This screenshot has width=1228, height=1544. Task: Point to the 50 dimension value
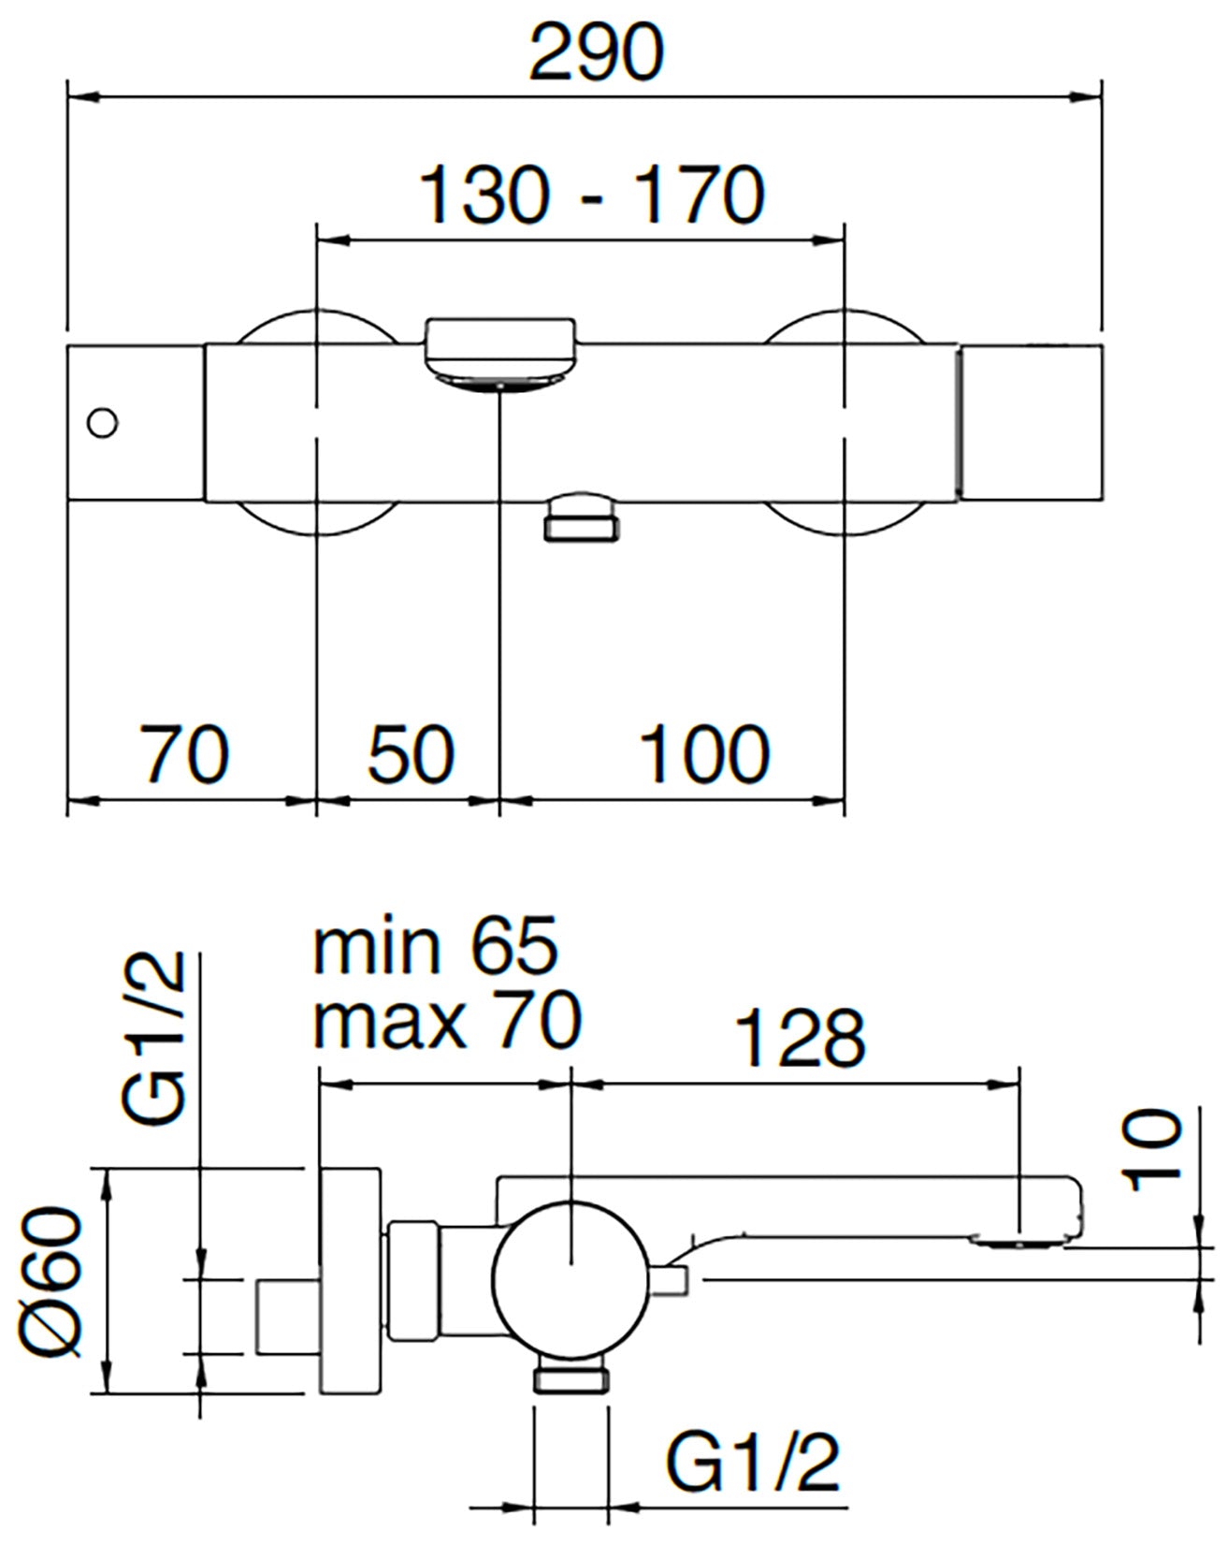(x=412, y=753)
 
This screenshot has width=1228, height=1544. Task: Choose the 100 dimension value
(x=704, y=753)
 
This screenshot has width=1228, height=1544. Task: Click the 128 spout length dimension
(x=801, y=1038)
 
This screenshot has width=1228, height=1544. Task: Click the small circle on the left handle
(x=101, y=423)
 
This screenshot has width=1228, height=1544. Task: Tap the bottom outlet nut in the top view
(x=580, y=519)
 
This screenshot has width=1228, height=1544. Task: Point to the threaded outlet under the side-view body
(x=571, y=1378)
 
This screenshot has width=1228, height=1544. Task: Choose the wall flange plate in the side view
(x=350, y=1279)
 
